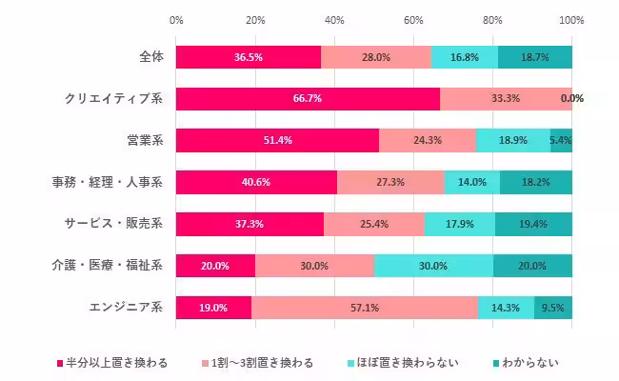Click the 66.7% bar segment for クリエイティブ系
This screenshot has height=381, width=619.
[308, 98]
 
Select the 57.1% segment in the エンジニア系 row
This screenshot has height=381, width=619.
[364, 308]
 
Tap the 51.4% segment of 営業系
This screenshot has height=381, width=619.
[277, 140]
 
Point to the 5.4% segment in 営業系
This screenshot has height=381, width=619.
[561, 140]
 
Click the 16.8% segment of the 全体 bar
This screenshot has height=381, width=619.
[465, 56]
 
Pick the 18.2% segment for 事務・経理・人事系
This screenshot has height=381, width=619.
[535, 182]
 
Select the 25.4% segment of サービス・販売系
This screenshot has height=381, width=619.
[374, 224]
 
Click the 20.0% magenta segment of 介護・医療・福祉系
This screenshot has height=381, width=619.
[215, 266]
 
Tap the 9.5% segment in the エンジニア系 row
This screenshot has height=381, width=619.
[553, 308]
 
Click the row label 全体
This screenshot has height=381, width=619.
[150, 56]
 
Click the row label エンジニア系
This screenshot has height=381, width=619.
[125, 308]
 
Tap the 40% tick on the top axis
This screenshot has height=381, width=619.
[334, 19]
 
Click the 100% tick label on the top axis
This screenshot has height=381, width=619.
[571, 19]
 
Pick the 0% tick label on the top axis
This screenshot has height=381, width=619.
[176, 19]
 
